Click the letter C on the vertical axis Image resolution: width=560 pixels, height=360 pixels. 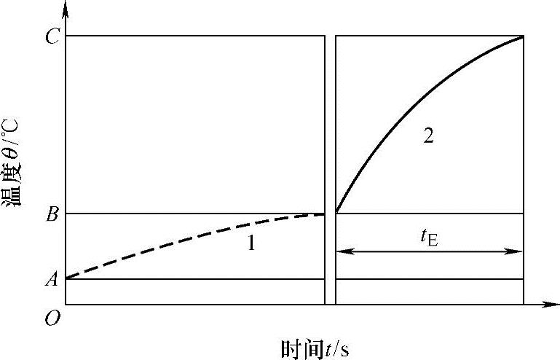click(x=52, y=37)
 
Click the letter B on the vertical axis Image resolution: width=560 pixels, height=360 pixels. click(x=52, y=214)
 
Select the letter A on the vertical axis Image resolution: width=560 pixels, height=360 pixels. click(x=52, y=279)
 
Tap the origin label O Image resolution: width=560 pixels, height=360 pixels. click(x=53, y=318)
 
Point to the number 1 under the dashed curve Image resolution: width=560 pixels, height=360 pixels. click(x=251, y=244)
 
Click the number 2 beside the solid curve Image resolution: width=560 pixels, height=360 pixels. click(x=428, y=136)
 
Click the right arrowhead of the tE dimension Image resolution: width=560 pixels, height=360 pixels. click(x=518, y=251)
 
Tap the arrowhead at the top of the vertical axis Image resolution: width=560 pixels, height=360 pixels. click(x=66, y=9)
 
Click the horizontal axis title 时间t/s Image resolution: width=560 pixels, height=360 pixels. click(x=315, y=348)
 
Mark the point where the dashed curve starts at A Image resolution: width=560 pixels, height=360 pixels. click(x=66, y=278)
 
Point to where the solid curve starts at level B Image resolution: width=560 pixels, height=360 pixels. click(x=336, y=213)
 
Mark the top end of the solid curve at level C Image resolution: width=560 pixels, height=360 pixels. click(x=522, y=36)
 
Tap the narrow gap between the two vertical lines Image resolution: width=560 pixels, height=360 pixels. click(x=330, y=168)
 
